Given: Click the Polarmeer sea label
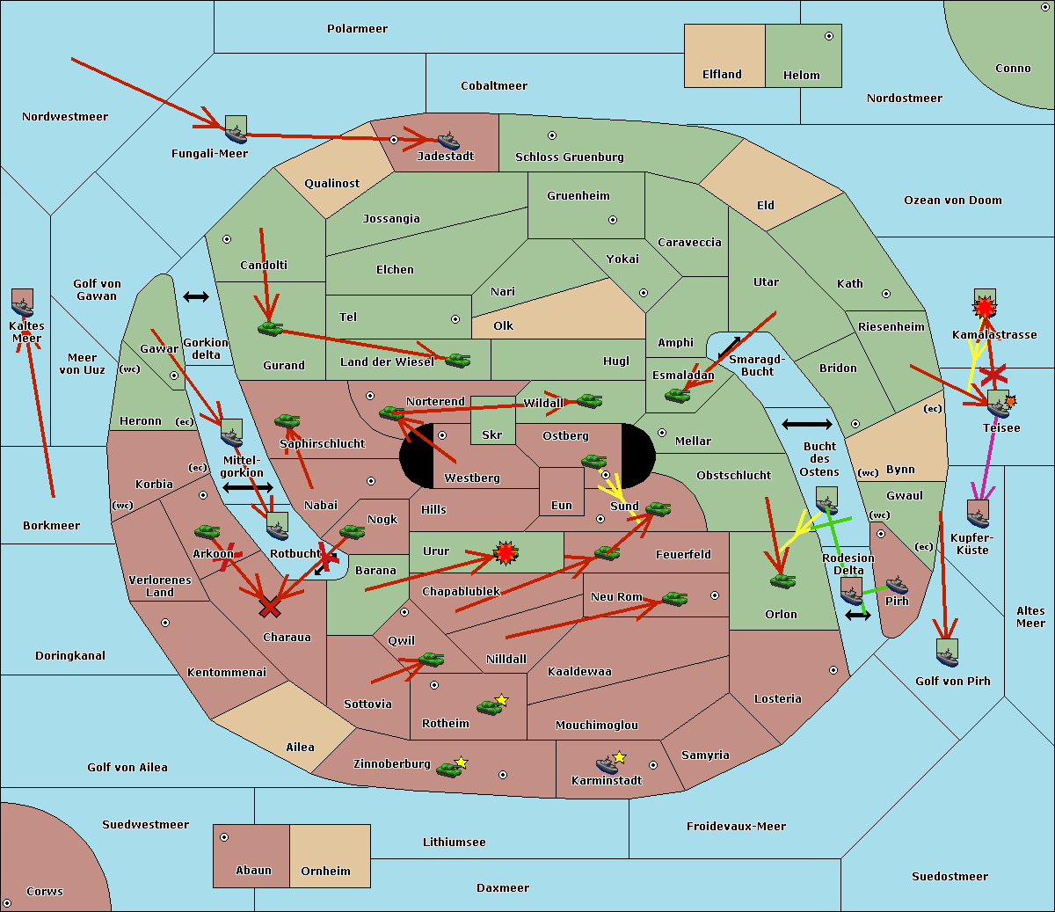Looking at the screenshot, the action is click(357, 29).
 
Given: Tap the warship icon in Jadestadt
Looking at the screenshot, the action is click(449, 141).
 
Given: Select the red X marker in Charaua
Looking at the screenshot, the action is click(270, 607).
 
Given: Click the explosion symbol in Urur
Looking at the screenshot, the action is click(506, 553).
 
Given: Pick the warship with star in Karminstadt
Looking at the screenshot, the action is click(610, 762).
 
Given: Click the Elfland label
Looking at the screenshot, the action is click(722, 75).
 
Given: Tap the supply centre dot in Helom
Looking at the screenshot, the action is click(829, 36).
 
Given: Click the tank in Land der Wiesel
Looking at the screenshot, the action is click(457, 361).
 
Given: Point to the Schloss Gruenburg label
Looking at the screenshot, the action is click(570, 157).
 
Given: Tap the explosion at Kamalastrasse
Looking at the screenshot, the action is click(985, 308).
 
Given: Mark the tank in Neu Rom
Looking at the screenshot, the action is click(674, 598).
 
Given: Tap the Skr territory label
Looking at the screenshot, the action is click(491, 434).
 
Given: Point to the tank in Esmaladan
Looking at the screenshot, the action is click(678, 395).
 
